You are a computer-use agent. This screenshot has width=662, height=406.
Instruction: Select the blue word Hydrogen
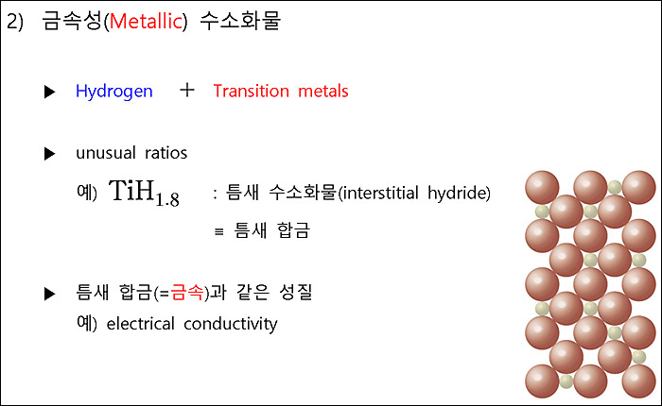click(x=113, y=92)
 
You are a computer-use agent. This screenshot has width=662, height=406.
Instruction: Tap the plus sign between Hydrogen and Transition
click(x=187, y=90)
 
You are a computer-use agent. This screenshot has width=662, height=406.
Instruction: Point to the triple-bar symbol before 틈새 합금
click(x=218, y=230)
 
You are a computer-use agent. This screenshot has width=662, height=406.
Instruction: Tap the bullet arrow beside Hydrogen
click(x=50, y=93)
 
